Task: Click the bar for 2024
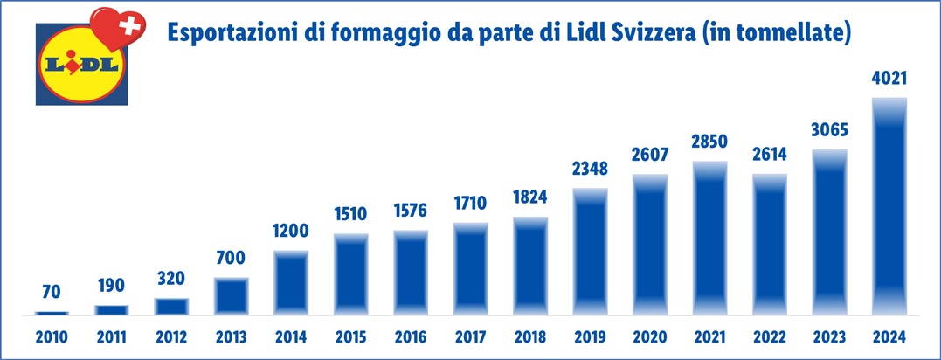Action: coord(889,205)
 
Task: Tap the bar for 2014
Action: coord(292,282)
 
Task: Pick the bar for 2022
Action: coord(770,244)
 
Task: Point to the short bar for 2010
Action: coord(52,312)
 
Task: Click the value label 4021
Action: coord(889,79)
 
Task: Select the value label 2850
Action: coord(710,142)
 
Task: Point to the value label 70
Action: coord(52,291)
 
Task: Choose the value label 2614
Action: coord(770,154)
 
